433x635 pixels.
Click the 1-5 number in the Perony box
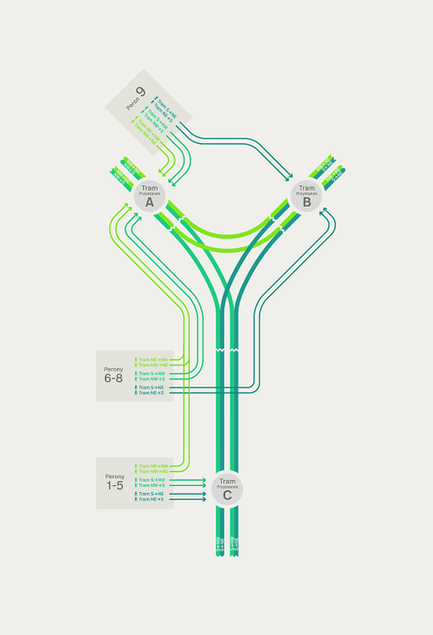tap(115, 486)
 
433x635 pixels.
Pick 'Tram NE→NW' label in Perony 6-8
tap(152, 359)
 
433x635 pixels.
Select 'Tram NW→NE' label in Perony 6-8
tap(152, 365)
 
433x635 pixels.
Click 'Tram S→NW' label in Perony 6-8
tap(151, 373)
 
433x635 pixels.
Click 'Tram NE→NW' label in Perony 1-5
tap(152, 465)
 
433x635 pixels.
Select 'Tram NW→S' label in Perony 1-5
tap(151, 485)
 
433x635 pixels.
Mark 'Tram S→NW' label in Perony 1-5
tap(151, 479)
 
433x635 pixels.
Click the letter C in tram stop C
tap(227, 496)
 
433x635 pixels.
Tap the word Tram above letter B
tap(307, 188)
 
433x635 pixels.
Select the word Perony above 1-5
tap(115, 476)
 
